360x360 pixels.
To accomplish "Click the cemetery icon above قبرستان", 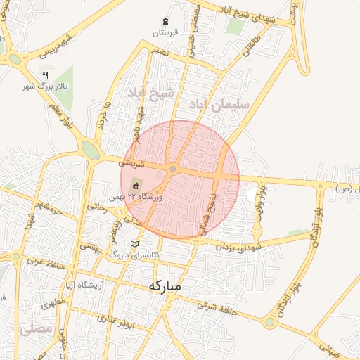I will click(165, 20).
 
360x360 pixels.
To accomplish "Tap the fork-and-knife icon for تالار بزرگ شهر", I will click(46, 74).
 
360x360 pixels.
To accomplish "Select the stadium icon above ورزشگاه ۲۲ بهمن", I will click(136, 186).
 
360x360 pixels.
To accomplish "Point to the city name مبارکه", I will click(165, 286).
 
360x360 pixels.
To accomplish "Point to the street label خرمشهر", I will click(53, 208).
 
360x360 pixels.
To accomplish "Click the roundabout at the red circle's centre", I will click(173, 169).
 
